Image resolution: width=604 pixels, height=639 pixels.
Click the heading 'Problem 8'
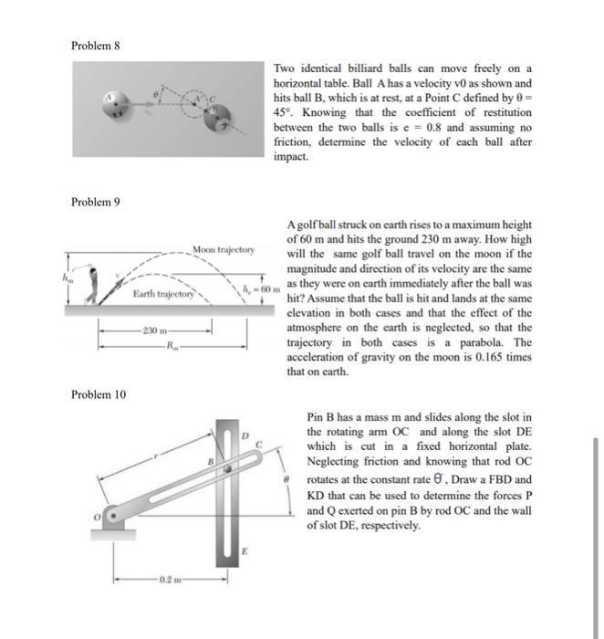94,45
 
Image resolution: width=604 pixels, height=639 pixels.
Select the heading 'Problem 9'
94,201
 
